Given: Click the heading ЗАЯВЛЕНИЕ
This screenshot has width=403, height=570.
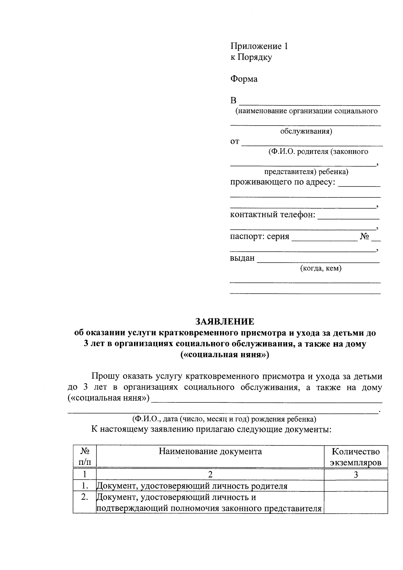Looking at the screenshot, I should click(x=225, y=321).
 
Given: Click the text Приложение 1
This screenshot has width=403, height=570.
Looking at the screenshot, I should click(x=259, y=46).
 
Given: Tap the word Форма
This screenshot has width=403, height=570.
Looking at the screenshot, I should click(x=244, y=79).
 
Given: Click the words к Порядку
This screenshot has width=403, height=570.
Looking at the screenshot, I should click(x=251, y=57).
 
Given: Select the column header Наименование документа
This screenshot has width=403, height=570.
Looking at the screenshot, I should click(x=210, y=451).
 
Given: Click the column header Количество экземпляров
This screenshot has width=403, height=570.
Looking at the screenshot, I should click(x=356, y=457).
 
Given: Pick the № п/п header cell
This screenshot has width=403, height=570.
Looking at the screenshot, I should click(x=85, y=457).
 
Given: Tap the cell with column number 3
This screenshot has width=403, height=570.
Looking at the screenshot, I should click(x=356, y=475).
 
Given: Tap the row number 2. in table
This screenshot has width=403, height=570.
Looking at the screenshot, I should click(x=85, y=497).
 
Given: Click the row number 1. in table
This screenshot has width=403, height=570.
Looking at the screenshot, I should click(x=85, y=486).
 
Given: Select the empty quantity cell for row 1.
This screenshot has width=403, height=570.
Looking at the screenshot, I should click(x=356, y=486).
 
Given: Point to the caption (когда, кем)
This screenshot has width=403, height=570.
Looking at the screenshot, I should click(x=321, y=268).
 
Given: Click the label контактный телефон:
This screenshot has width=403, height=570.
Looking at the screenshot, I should click(x=273, y=215).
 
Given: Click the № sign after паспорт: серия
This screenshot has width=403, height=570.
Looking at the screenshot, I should click(x=364, y=236).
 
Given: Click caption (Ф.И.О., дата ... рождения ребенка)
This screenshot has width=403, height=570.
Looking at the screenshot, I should click(x=224, y=419).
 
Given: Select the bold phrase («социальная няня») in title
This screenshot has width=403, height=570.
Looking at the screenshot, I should click(x=225, y=355).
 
